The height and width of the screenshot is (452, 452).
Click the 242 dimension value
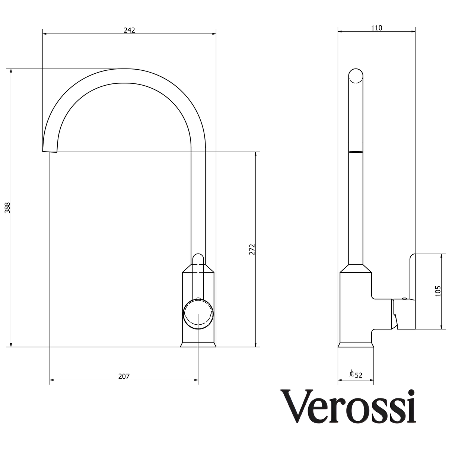129,30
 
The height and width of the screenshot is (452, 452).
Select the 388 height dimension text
7,208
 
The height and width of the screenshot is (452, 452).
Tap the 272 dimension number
252,249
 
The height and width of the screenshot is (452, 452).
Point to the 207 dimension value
124,376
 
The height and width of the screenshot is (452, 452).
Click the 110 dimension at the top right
376,28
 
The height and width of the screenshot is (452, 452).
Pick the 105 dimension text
438,291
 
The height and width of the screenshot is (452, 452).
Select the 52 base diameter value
359,375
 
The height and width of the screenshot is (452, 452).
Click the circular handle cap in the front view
198,314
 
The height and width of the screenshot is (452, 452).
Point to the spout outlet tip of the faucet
50,150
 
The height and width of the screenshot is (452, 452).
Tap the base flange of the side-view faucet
356,345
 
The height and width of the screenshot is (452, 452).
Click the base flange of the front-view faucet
198,345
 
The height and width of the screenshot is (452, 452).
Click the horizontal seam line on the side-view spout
356,152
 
